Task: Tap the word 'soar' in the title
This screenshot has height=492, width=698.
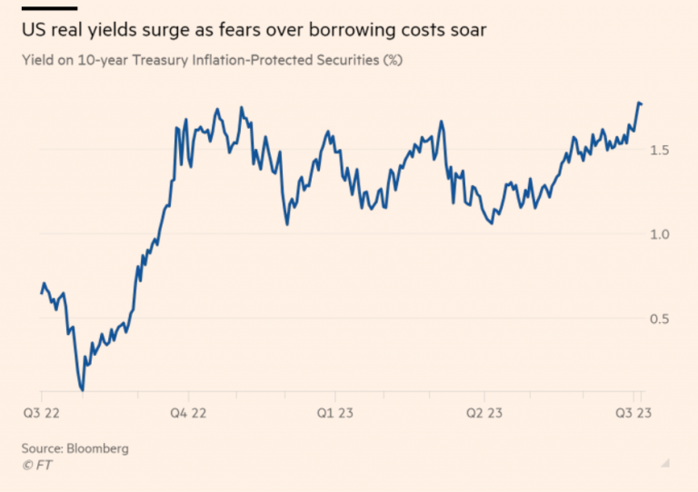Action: tap(466, 32)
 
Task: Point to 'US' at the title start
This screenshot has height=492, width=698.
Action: tap(34, 32)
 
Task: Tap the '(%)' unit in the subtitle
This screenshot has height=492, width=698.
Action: tap(392, 61)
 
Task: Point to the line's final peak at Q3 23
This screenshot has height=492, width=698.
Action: tap(639, 103)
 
